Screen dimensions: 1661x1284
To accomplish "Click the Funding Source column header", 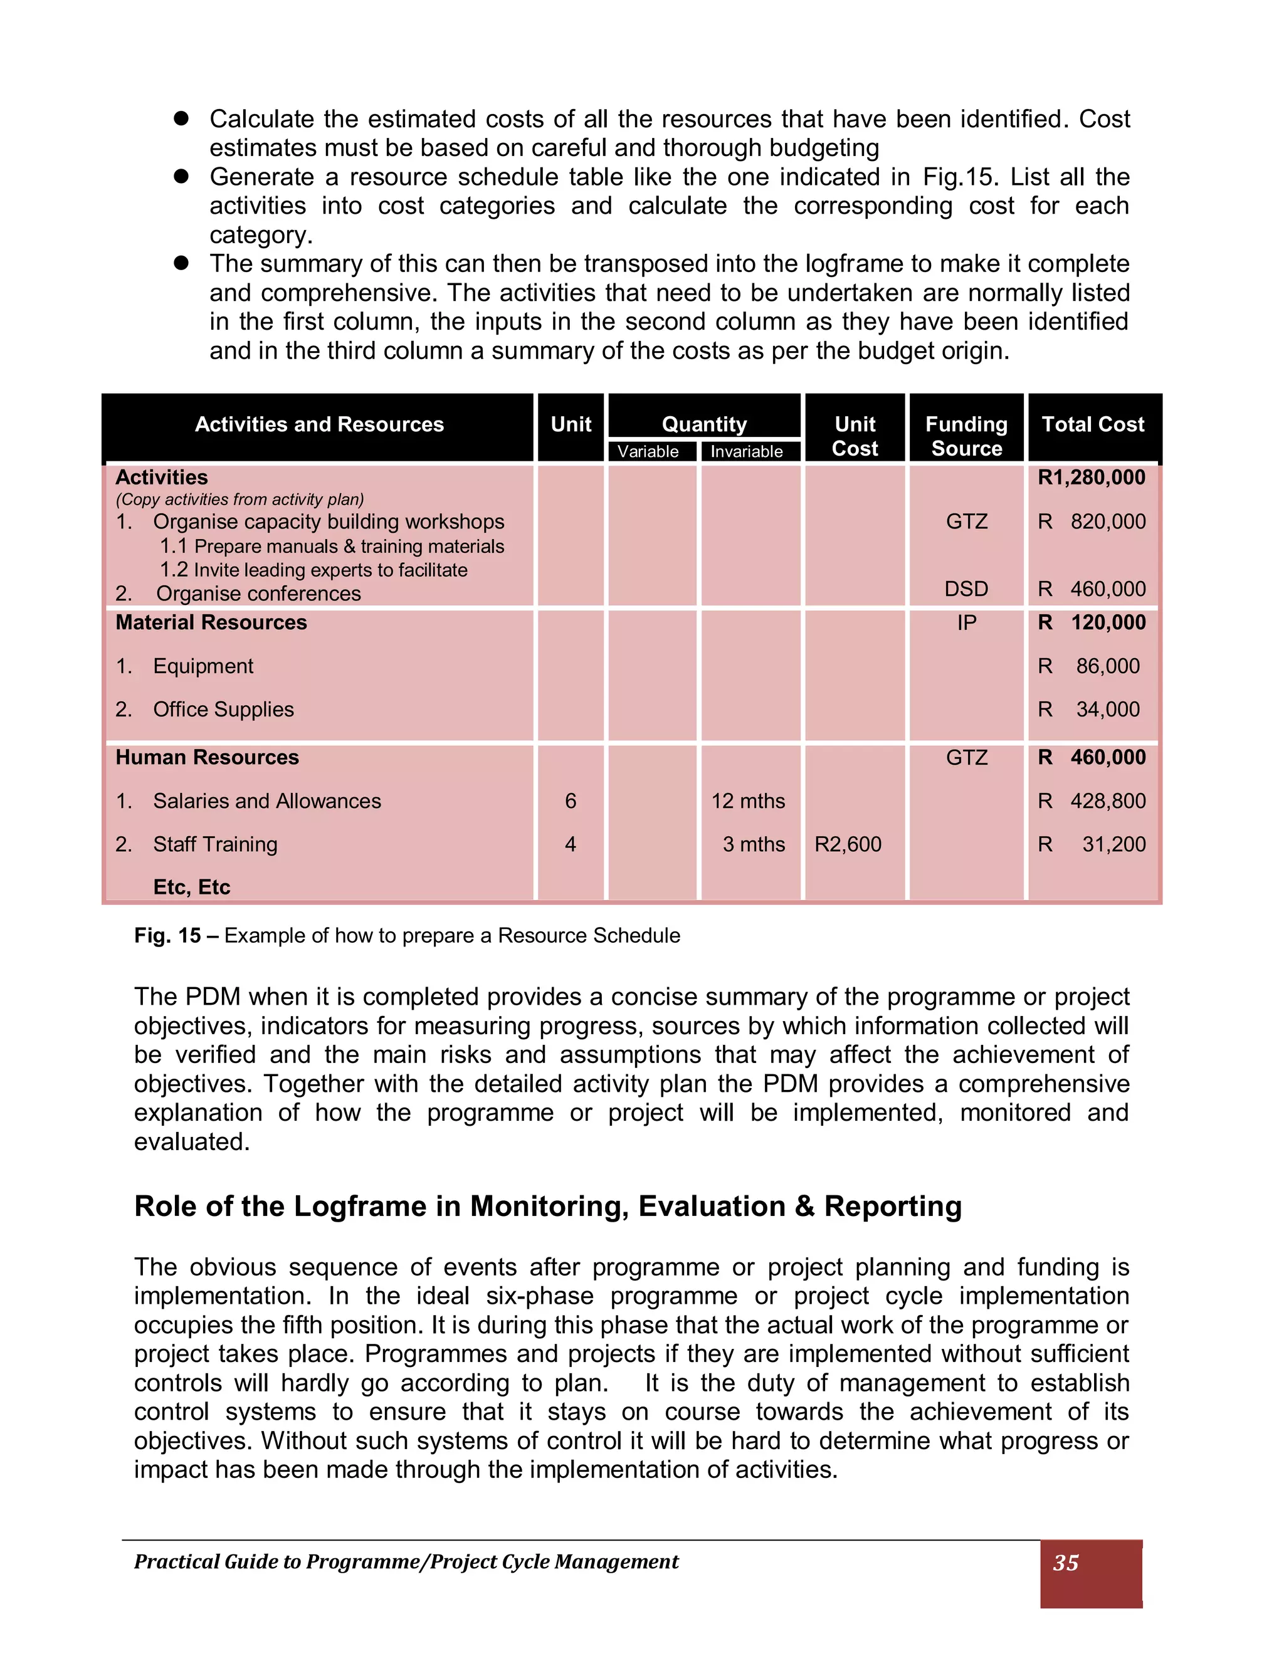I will pos(966,436).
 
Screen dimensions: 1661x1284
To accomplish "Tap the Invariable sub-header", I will pos(746,451).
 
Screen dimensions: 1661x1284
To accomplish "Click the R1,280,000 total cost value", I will pos(1092,478).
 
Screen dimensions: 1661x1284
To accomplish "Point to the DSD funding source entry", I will pos(966,589).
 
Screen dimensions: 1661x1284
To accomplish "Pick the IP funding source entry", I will pos(966,623).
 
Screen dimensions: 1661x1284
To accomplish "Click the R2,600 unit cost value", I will pos(848,844).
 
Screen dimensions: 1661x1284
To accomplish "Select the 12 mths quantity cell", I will pos(748,801).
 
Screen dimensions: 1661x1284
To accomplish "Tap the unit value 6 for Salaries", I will pos(571,801).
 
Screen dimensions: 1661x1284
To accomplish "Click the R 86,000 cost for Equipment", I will pos(1092,666).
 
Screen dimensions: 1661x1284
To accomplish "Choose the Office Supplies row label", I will pos(223,710).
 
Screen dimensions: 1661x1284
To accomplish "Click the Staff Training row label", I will pos(214,844).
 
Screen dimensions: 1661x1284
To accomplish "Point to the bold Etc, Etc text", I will pos(192,887).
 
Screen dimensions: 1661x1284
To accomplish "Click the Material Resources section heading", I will pos(211,623).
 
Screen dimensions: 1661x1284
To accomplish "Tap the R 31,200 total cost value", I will pos(1092,844).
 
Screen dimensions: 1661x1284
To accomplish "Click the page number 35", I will pos(1066,1562).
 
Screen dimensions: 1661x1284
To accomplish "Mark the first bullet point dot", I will pos(181,118).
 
